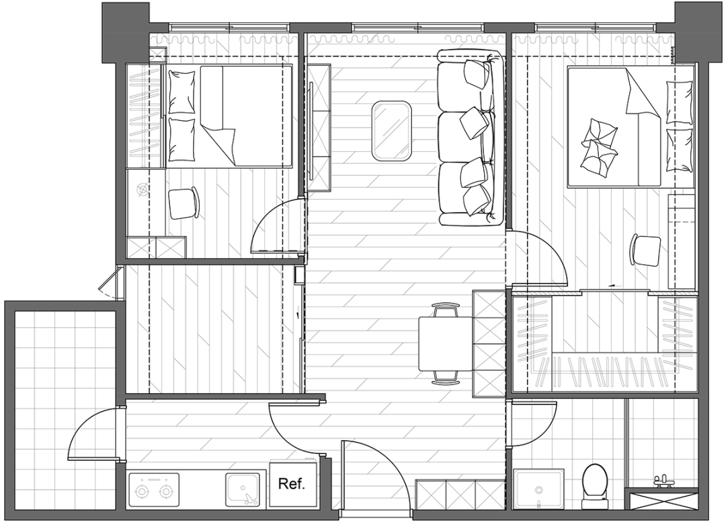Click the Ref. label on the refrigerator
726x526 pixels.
point(291,484)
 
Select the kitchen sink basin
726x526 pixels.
point(243,490)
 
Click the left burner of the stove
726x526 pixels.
point(140,492)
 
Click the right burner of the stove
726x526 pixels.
point(166,492)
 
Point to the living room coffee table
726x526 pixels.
point(392,132)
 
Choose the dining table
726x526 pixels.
point(446,343)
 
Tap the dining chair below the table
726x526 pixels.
point(445,377)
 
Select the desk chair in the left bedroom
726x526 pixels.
point(184,203)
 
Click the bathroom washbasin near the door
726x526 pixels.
point(539,489)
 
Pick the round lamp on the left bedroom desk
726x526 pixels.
point(143,189)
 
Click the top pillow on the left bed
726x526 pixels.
point(182,92)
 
